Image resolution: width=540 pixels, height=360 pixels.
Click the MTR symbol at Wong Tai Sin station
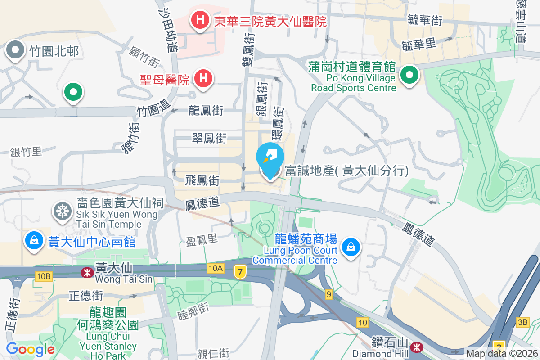(86, 272)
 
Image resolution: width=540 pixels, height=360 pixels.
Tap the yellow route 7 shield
(241, 272)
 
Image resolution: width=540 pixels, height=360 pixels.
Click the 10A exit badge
(216, 269)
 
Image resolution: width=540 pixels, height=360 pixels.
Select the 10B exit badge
(43, 276)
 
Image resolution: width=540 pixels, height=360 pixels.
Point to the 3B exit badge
(523, 322)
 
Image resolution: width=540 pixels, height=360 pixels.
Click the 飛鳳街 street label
(202, 181)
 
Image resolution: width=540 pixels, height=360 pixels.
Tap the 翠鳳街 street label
(209, 138)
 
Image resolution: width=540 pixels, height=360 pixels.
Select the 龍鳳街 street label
(206, 110)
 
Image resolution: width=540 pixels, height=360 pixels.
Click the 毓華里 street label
(419, 44)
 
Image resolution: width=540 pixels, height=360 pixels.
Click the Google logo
(30, 349)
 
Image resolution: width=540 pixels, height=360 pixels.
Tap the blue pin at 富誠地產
(270, 160)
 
